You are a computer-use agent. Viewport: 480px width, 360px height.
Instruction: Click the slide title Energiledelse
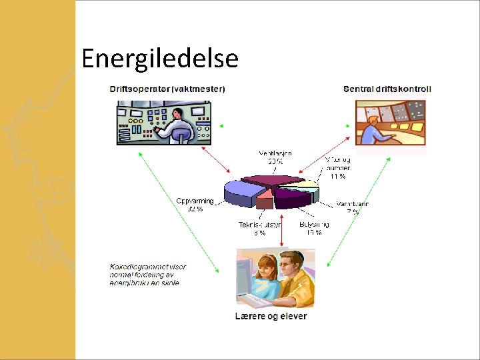pyautogui.click(x=159, y=59)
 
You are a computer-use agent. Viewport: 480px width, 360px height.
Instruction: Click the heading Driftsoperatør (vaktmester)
pyautogui.click(x=167, y=89)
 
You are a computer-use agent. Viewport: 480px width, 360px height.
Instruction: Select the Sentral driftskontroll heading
pyautogui.click(x=387, y=89)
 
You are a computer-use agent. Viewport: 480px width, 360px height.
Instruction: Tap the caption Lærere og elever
pyautogui.click(x=271, y=315)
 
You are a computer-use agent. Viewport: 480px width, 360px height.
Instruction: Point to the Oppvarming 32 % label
pyautogui.click(x=195, y=204)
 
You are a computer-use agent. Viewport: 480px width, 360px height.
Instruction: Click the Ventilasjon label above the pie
pyautogui.click(x=275, y=157)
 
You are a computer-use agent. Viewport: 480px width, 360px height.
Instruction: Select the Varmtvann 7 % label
pyautogui.click(x=352, y=207)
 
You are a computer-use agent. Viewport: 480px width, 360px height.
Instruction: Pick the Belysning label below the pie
pyautogui.click(x=314, y=229)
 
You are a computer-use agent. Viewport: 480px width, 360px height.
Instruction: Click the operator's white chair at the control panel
pyautogui.click(x=181, y=136)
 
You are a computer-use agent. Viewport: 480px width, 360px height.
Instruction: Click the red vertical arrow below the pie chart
pyautogui.click(x=283, y=230)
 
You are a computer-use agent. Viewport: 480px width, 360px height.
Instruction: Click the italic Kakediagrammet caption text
pyautogui.click(x=148, y=275)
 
